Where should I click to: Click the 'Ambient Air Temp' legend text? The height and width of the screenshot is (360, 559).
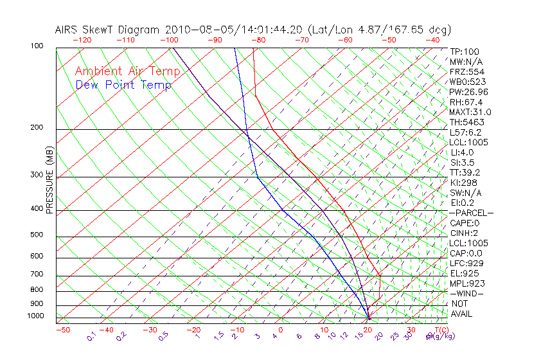click(x=127, y=71)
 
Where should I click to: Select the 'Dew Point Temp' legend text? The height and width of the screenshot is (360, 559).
click(x=123, y=85)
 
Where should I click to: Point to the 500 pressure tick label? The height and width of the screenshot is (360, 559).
click(x=37, y=235)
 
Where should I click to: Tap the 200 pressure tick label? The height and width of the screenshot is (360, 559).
click(x=37, y=128)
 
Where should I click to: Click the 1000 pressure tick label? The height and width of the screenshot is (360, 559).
click(x=35, y=316)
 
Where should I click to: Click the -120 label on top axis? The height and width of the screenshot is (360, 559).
click(x=82, y=40)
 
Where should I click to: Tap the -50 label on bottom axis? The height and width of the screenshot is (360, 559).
click(x=62, y=330)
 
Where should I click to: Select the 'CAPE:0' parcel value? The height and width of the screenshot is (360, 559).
click(x=465, y=223)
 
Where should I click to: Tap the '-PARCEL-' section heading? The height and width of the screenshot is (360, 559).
click(x=471, y=213)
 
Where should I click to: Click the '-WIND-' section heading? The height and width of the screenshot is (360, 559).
click(x=466, y=293)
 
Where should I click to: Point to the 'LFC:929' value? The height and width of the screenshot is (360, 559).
click(x=466, y=264)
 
